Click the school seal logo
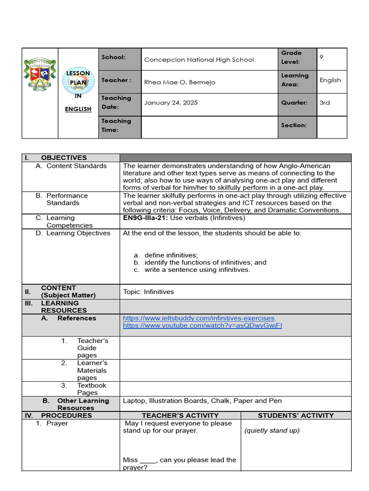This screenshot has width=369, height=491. pyautogui.click(x=40, y=74)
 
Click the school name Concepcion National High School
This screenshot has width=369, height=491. pyautogui.click(x=199, y=60)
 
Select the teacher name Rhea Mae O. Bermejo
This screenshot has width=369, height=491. pyautogui.click(x=180, y=82)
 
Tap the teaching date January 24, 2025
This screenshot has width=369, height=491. pyautogui.click(x=171, y=103)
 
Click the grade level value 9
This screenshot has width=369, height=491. pyautogui.click(x=321, y=57)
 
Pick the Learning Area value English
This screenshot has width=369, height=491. pyautogui.click(x=330, y=80)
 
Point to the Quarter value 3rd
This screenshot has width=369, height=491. pyautogui.click(x=325, y=103)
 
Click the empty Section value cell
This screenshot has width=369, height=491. pyautogui.click(x=332, y=127)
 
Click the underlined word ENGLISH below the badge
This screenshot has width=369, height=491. pyautogui.click(x=78, y=109)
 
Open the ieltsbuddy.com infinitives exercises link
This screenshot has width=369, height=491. pyautogui.click(x=198, y=318)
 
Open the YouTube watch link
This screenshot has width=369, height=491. pyautogui.click(x=202, y=326)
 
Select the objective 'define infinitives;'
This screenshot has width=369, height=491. pyautogui.click(x=171, y=255)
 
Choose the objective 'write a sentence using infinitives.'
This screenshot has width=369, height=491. pyautogui.click(x=197, y=270)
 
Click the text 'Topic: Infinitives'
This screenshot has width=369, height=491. pyautogui.click(x=148, y=292)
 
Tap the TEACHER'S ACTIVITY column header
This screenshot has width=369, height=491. pyautogui.click(x=180, y=416)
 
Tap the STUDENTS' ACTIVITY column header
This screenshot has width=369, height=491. pyautogui.click(x=296, y=416)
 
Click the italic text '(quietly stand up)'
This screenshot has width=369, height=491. pyautogui.click(x=272, y=431)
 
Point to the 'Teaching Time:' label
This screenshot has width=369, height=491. pyautogui.click(x=116, y=125)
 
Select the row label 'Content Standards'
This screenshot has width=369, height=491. pyautogui.click(x=76, y=166)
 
